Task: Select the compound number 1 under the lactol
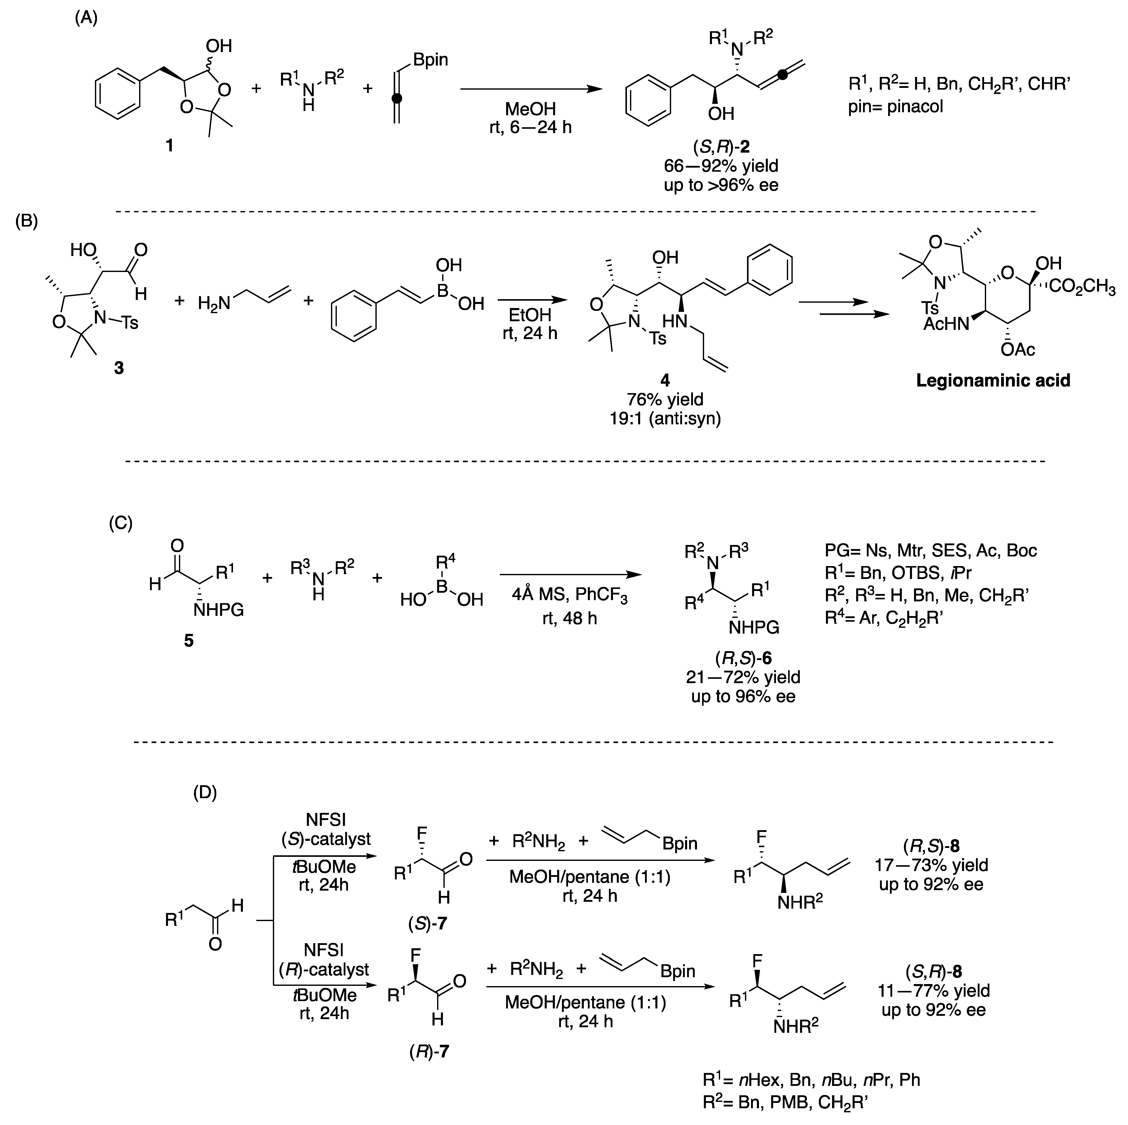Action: [x=169, y=145]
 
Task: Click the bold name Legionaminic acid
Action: [x=992, y=381]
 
